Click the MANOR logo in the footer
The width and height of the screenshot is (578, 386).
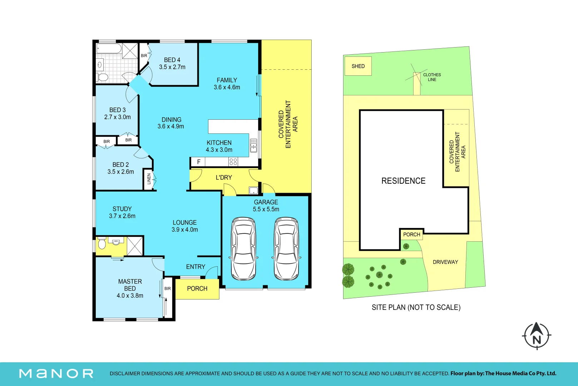coord(56,373)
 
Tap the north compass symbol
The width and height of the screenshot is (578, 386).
coord(537,336)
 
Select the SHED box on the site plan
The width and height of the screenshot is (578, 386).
coord(358,66)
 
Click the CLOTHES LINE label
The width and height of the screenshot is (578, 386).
coord(432,77)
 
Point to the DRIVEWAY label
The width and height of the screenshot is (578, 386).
coord(445,262)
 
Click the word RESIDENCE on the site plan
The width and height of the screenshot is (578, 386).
coord(403,180)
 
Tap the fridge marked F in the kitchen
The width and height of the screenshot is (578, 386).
coord(198,162)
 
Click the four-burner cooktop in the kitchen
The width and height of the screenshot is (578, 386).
coord(233,162)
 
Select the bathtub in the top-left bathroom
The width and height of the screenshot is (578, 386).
coord(109,49)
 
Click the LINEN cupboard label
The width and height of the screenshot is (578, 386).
coord(149,179)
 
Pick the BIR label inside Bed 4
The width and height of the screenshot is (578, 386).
coord(144,55)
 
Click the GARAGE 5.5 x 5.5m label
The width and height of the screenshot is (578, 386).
coord(266,206)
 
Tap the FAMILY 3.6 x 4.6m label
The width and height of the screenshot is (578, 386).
coord(227,84)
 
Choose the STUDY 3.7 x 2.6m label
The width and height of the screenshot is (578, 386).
coord(122,212)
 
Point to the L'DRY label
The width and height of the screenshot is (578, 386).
coord(224,178)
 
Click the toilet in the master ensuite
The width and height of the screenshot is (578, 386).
coord(102,243)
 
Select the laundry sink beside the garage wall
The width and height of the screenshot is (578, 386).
coord(253,190)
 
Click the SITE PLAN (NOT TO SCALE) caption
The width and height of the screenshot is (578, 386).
coord(416,307)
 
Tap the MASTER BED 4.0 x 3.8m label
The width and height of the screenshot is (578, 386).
coord(130,288)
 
